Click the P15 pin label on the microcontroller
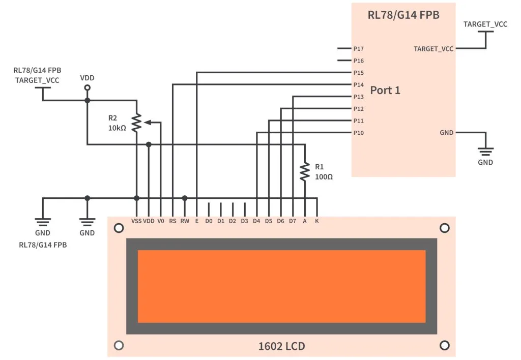click(x=358, y=73)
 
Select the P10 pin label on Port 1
click(x=358, y=133)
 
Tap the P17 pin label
click(x=358, y=49)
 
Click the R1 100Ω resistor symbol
click(x=304, y=171)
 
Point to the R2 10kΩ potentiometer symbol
click(x=136, y=123)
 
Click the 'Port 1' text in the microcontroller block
click(x=385, y=91)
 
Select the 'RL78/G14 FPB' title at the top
click(x=403, y=15)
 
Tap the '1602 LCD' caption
click(x=281, y=347)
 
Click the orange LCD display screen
click(x=281, y=286)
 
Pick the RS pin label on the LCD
click(x=173, y=221)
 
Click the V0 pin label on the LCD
click(x=161, y=221)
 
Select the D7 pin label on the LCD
click(x=293, y=221)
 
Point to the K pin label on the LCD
click(x=317, y=221)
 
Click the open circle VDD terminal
click(x=87, y=88)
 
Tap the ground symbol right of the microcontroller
click(x=485, y=151)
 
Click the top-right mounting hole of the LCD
click(x=444, y=228)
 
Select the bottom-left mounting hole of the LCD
click(x=119, y=345)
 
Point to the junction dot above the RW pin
click(x=185, y=198)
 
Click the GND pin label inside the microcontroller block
click(x=446, y=133)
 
